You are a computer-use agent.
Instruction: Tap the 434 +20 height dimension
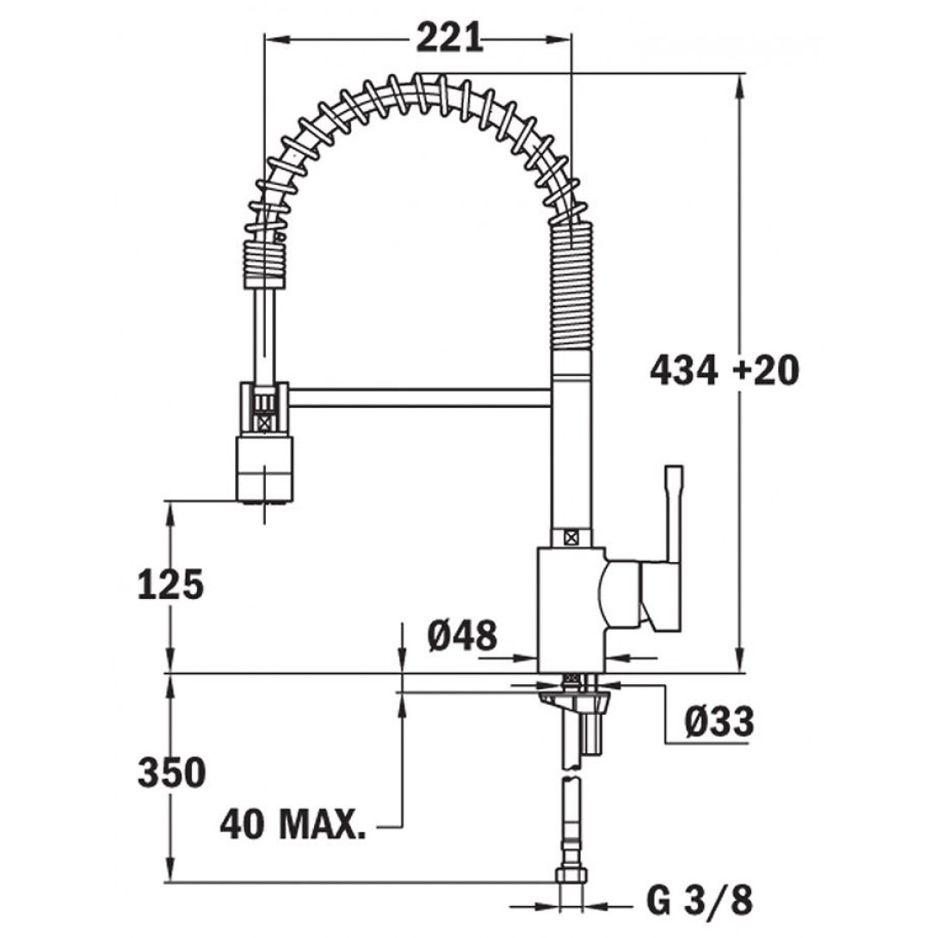tap(725, 370)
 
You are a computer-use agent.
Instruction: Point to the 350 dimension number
tap(172, 772)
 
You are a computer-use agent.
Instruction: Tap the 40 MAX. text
tap(293, 824)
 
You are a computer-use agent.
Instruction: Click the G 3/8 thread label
tap(699, 899)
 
